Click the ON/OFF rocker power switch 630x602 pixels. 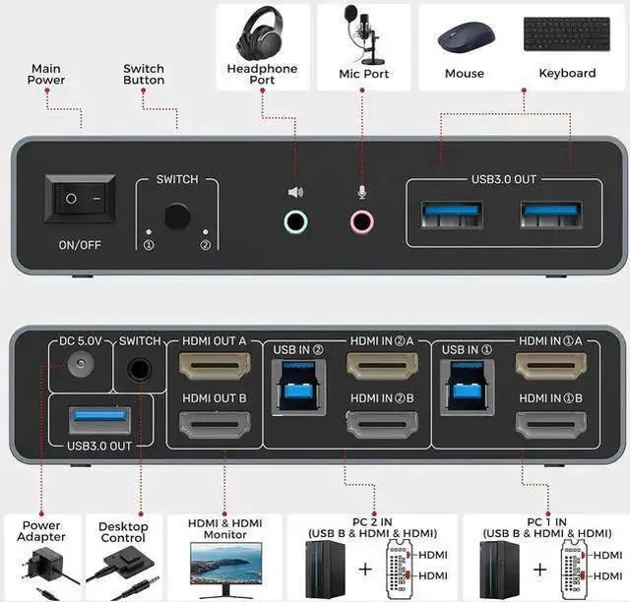(80, 199)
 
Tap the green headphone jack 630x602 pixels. (295, 221)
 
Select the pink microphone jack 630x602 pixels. (362, 221)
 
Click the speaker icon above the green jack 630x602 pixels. (295, 192)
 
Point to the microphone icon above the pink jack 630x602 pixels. (362, 192)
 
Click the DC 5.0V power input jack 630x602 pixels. (81, 364)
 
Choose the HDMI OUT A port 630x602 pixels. (215, 366)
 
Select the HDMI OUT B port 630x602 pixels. (215, 425)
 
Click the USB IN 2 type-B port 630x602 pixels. (298, 388)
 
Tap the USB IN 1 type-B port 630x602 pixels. (468, 388)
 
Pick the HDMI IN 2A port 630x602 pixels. (383, 366)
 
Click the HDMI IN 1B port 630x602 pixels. (551, 425)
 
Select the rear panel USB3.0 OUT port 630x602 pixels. (100, 420)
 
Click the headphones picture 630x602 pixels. (260, 33)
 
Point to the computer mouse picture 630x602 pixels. (466, 37)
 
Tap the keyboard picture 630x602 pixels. (567, 34)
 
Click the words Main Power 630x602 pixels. (46, 75)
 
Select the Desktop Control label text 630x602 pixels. (123, 532)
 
